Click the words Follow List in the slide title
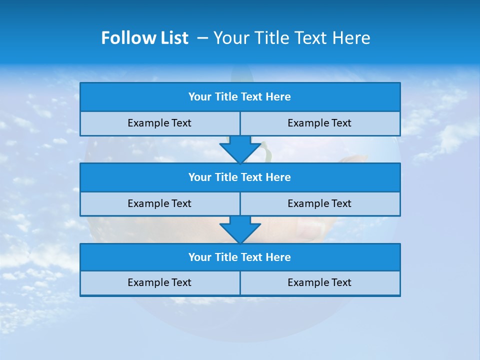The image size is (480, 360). [144, 38]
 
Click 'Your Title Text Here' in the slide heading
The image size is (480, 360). [291, 38]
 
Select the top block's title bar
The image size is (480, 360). [240, 97]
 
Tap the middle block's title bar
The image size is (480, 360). [240, 177]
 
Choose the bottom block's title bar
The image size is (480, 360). [240, 257]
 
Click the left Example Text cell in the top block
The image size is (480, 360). [159, 123]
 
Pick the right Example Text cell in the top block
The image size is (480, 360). [319, 123]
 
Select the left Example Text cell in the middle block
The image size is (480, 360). [159, 204]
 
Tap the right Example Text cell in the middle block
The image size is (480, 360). [319, 204]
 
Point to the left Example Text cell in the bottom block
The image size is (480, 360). [159, 283]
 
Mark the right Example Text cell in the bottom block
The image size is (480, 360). [319, 283]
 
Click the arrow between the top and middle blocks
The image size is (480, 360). [240, 149]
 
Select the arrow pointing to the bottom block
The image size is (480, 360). [240, 229]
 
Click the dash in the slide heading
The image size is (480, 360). [202, 38]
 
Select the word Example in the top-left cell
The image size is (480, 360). [148, 123]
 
